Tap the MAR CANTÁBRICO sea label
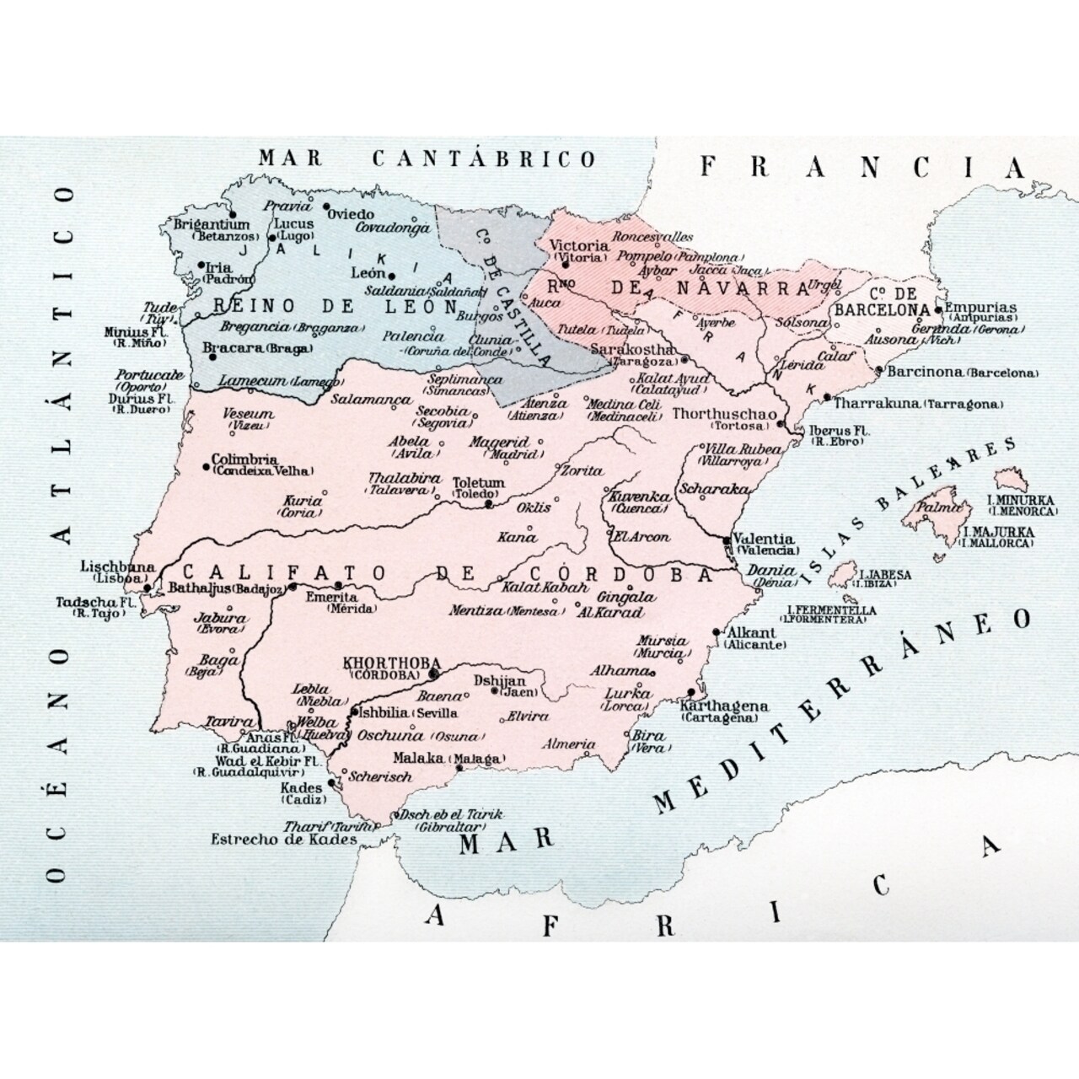(427, 158)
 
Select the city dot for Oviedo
(325, 206)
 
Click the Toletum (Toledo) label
(479, 488)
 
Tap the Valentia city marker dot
(727, 539)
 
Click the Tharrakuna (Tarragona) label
(918, 404)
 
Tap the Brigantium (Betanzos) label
(212, 230)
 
